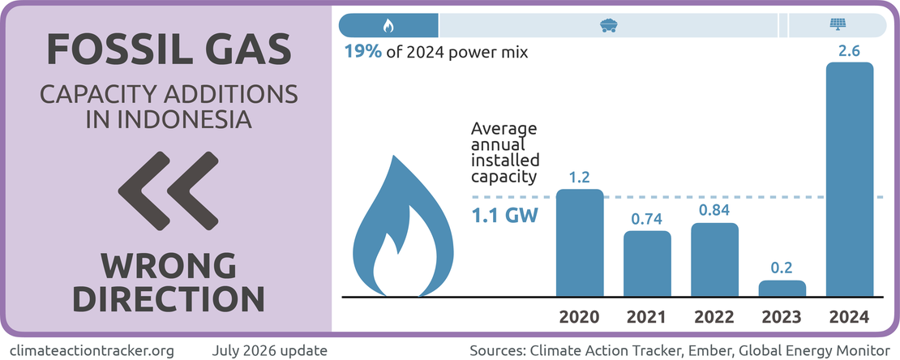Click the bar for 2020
[x=580, y=243]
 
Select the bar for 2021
[x=648, y=264]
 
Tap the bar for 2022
[x=714, y=259]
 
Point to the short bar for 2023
[x=782, y=288]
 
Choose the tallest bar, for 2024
[x=850, y=179]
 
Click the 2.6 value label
[x=850, y=51]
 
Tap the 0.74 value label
[x=648, y=219]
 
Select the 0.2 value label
[x=782, y=268]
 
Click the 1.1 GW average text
[x=504, y=217]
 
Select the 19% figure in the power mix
[x=362, y=52]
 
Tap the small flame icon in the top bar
[x=388, y=25]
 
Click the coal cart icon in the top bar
[x=608, y=25]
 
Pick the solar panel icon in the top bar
[x=838, y=25]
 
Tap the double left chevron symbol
[x=168, y=191]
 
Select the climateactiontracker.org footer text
[x=92, y=349]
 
